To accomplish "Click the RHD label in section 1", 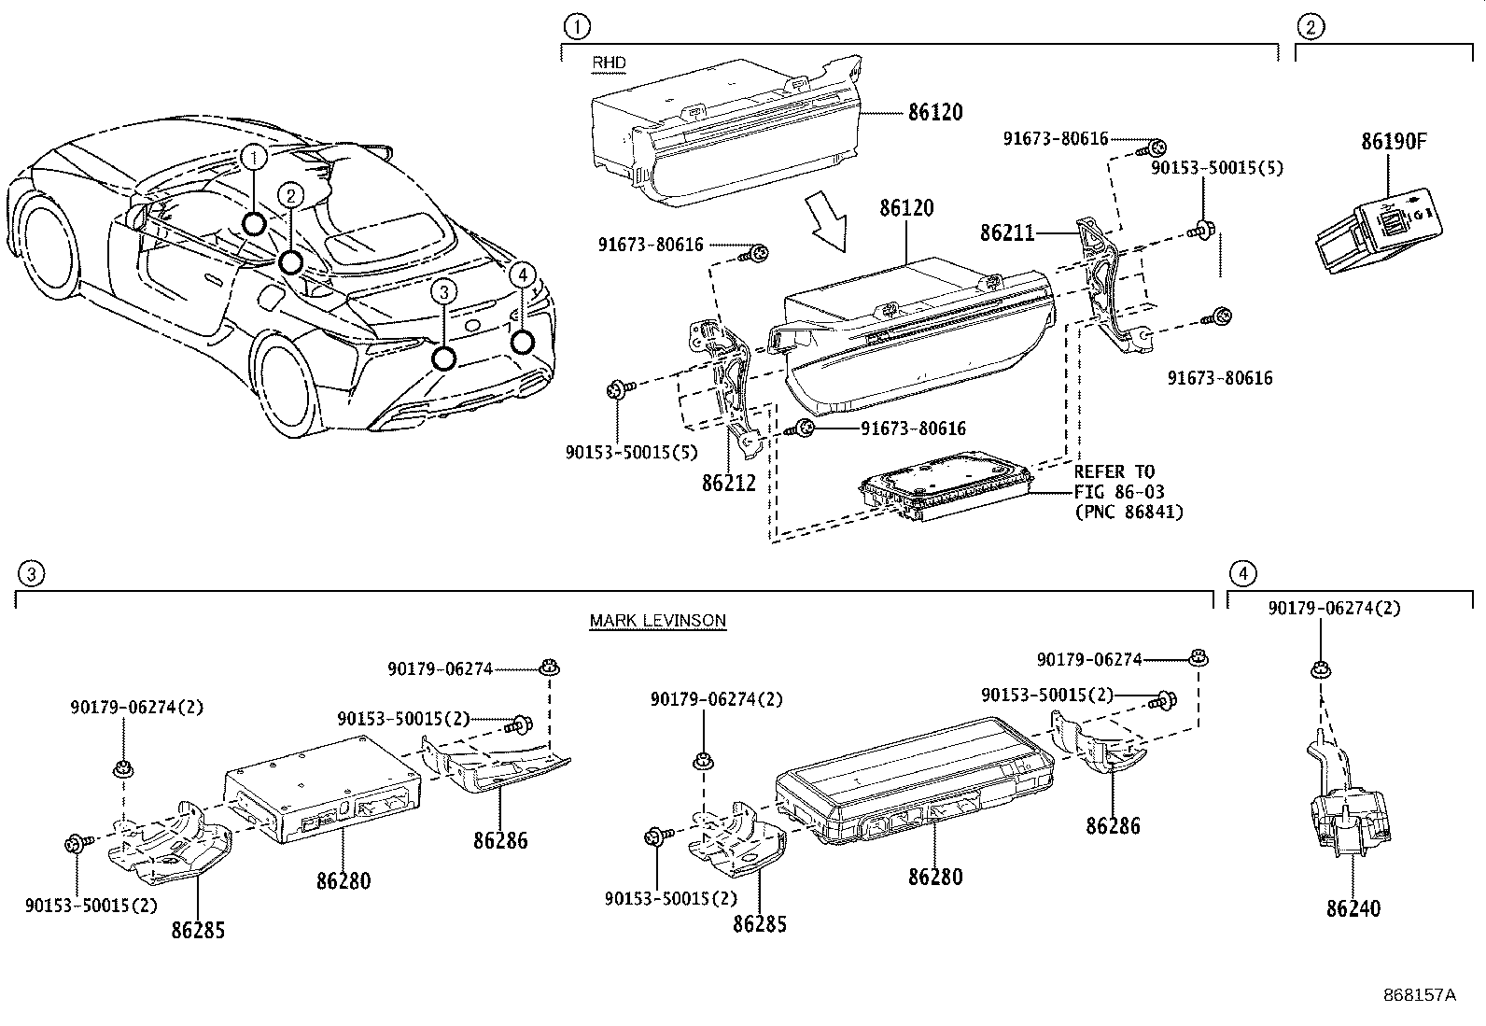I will [609, 63].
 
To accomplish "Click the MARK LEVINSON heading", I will [657, 621].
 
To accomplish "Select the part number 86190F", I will [1393, 142].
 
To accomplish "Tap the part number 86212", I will [728, 484].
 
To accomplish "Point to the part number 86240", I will [1353, 907].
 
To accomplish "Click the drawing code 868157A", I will [1419, 995].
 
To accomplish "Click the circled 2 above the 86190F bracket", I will [1310, 26].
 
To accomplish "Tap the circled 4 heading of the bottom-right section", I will [1242, 573].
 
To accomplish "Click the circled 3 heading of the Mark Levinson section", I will [31, 573].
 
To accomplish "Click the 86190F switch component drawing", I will [1377, 230].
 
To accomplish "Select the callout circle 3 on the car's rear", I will [444, 293].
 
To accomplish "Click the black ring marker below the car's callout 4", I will [522, 343].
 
